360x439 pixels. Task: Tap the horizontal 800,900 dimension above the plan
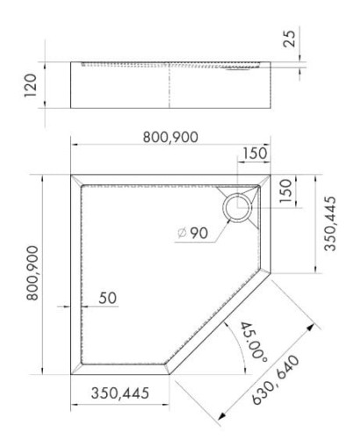pyautogui.click(x=172, y=137)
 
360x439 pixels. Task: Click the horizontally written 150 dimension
pyautogui.click(x=256, y=155)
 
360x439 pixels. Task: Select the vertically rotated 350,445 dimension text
pyautogui.click(x=329, y=223)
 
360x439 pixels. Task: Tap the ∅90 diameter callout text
pyautogui.click(x=191, y=234)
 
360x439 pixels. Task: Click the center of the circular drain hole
pyautogui.click(x=235, y=208)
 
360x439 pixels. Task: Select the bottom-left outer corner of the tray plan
pyautogui.click(x=71, y=374)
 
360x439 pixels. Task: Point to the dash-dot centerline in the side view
pyautogui.click(x=169, y=84)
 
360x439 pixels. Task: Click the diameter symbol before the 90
pyautogui.click(x=180, y=234)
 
